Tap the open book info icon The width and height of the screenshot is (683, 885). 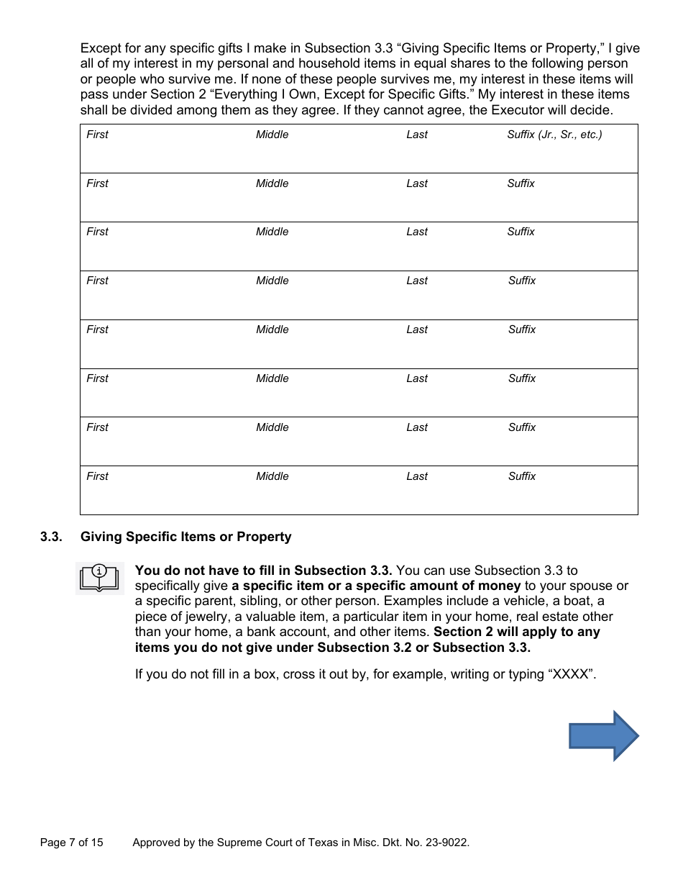(99, 578)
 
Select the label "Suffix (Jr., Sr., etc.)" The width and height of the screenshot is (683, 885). (554, 135)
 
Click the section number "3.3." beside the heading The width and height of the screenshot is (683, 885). (51, 537)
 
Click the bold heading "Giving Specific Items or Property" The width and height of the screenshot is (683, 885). (185, 537)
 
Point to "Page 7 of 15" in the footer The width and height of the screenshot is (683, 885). (72, 842)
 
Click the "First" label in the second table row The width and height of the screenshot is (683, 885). (97, 183)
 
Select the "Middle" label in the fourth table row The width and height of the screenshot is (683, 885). (272, 281)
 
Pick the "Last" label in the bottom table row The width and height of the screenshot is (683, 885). (417, 476)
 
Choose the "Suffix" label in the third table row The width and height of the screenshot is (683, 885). (521, 232)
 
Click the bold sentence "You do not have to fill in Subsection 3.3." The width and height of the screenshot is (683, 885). (263, 571)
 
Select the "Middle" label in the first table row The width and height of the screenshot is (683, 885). (272, 135)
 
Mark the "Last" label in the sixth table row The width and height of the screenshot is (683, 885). (417, 378)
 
